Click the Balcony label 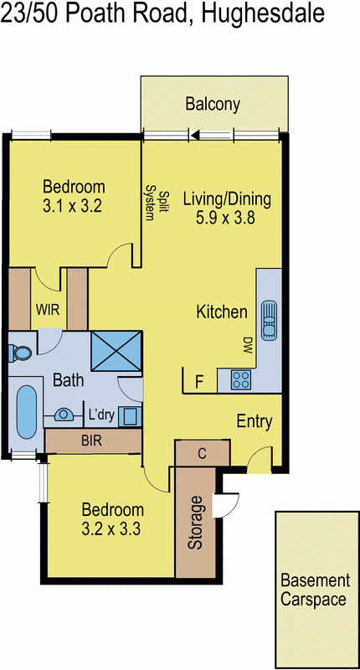pyautogui.click(x=213, y=105)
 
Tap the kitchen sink pyautogui.click(x=269, y=319)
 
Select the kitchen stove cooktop pyautogui.click(x=239, y=380)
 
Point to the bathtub pyautogui.click(x=25, y=411)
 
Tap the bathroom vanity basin pyautogui.click(x=64, y=415)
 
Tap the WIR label pyautogui.click(x=47, y=309)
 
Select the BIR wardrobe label pyautogui.click(x=91, y=440)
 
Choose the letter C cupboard pyautogui.click(x=202, y=453)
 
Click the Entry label pyautogui.click(x=254, y=421)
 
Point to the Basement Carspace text pyautogui.click(x=314, y=587)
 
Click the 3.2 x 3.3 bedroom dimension pyautogui.click(x=112, y=528)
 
